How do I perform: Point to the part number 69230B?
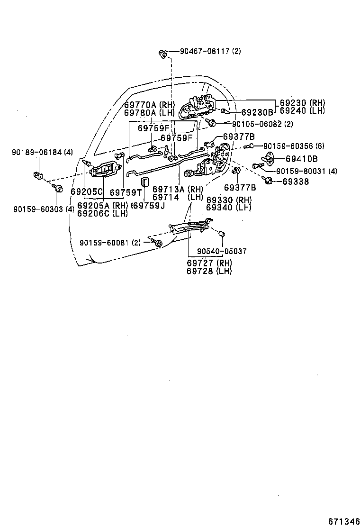pos(257,113)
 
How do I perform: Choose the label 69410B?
pos(302,159)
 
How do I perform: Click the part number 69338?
pos(296,182)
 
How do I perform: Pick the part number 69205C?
pos(87,192)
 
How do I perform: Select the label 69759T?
pos(126,192)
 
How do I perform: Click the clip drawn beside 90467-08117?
pos(163,54)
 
